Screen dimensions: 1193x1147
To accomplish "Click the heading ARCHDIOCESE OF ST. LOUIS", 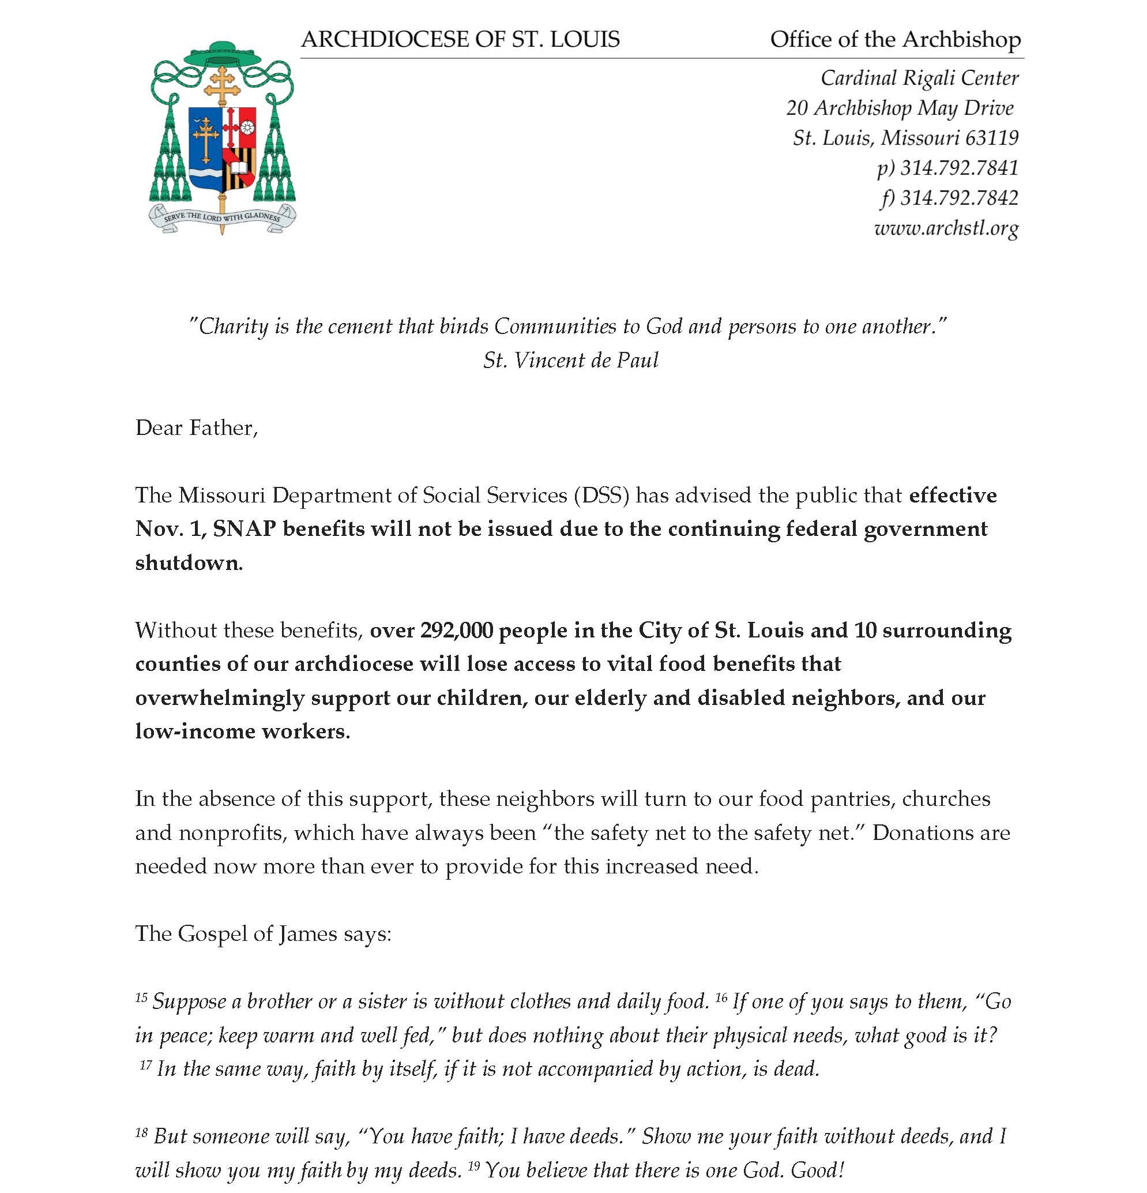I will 460,40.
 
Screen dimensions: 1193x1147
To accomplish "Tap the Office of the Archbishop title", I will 895,40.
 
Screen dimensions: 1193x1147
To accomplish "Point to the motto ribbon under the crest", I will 222,217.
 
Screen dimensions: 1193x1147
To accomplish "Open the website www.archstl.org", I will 946,228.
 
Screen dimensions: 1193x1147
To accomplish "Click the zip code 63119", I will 992,138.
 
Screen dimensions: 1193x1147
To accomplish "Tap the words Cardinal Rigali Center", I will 919,78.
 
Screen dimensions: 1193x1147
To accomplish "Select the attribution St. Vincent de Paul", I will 570,361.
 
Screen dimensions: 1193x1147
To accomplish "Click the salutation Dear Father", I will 196,428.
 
